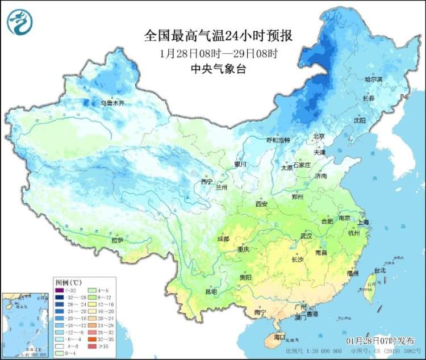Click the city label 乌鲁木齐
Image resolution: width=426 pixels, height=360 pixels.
pyautogui.click(x=112, y=103)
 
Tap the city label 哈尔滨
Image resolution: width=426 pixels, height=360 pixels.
pyautogui.click(x=374, y=78)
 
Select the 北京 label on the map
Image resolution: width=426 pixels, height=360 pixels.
pyautogui.click(x=318, y=136)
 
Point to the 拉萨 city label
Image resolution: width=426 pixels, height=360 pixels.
pyautogui.click(x=118, y=240)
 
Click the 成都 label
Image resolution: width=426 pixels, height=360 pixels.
pyautogui.click(x=224, y=238)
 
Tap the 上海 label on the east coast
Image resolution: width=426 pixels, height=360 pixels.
pyautogui.click(x=363, y=222)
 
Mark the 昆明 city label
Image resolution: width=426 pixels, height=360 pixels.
pyautogui.click(x=211, y=291)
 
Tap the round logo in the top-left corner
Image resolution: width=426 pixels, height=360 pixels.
pyautogui.click(x=20, y=22)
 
